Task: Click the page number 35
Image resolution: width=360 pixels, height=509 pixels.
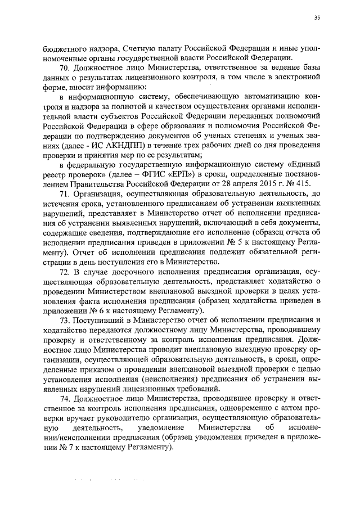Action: [317, 19]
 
